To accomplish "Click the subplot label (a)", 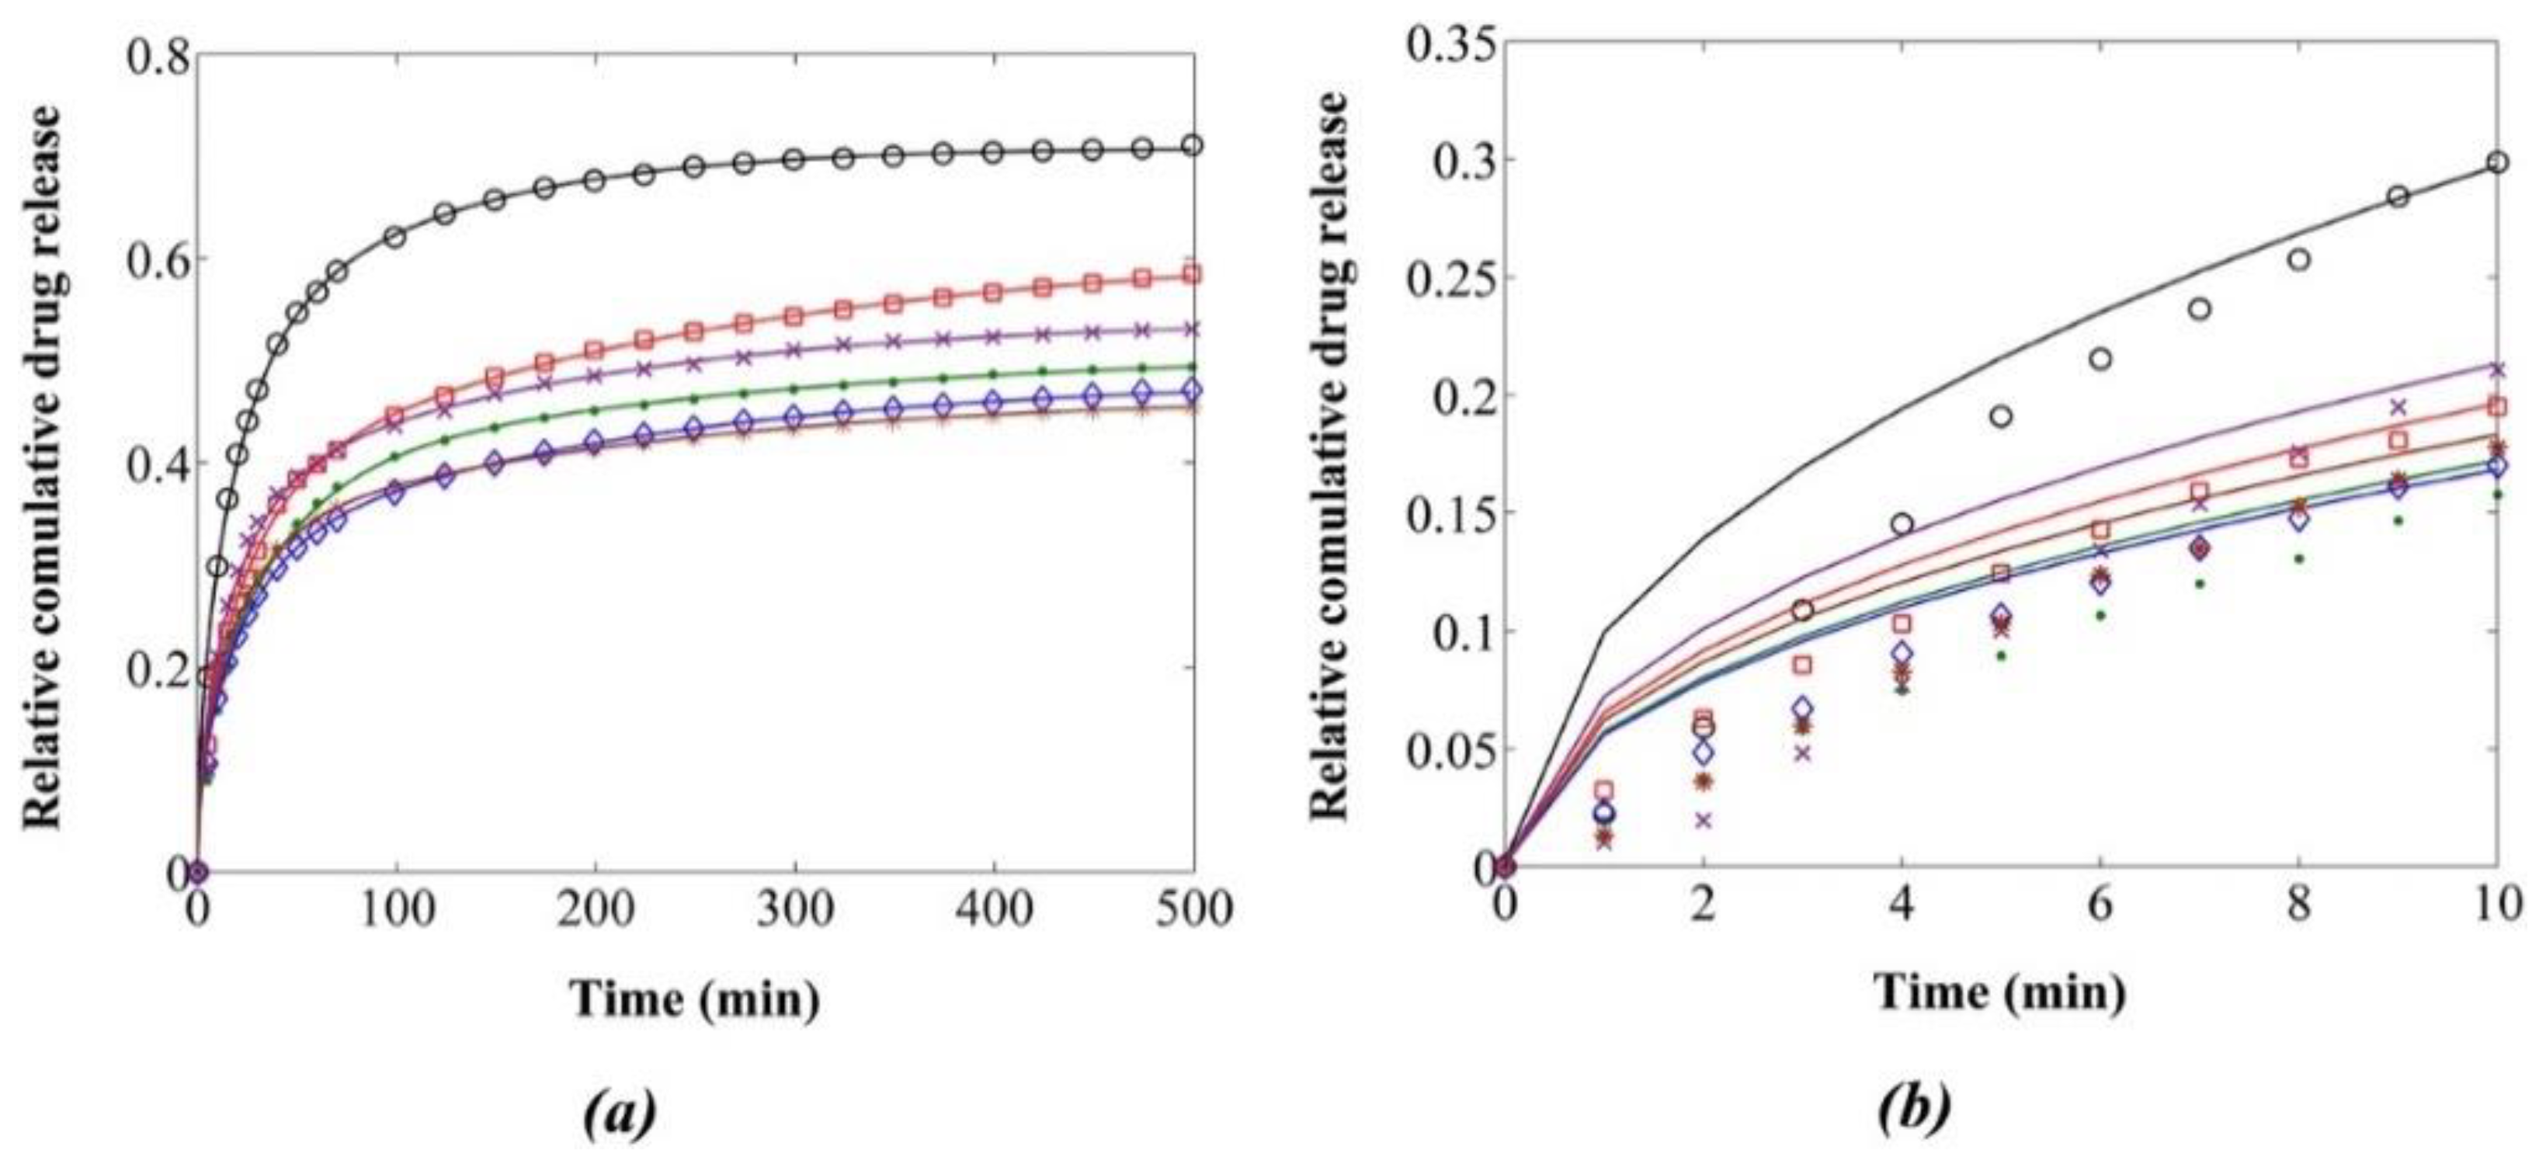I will (x=620, y=1113).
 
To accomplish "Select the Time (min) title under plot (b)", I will (x=2000, y=991).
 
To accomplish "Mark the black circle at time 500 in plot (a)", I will (x=1193, y=145).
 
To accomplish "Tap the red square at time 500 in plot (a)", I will (x=1193, y=273).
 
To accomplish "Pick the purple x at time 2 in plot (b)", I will (x=1703, y=820).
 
